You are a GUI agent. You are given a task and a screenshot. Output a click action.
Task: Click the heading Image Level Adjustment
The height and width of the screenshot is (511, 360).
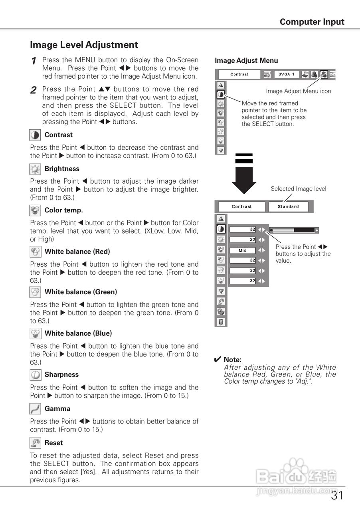click(x=84, y=45)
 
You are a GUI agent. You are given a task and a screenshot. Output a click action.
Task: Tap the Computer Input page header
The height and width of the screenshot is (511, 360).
click(x=312, y=22)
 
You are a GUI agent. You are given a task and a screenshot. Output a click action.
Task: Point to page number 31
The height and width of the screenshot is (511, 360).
click(x=337, y=496)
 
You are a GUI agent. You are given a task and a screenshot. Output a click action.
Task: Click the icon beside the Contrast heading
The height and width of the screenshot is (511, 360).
click(x=35, y=135)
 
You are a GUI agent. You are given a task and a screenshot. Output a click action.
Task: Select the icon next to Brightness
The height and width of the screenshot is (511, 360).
click(x=35, y=169)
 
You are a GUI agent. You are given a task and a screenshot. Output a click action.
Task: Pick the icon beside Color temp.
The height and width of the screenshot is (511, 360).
click(x=35, y=210)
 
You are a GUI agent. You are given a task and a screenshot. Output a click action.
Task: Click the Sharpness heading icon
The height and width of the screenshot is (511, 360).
click(x=35, y=375)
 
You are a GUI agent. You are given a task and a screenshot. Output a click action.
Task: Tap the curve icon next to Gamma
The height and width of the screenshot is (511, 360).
click(x=35, y=409)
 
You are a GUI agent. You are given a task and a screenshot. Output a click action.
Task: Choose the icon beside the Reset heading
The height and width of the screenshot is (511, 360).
click(x=35, y=443)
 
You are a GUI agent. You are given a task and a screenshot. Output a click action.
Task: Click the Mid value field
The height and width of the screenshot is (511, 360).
click(x=243, y=250)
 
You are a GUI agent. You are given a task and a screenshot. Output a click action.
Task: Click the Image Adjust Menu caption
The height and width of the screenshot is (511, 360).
click(x=246, y=61)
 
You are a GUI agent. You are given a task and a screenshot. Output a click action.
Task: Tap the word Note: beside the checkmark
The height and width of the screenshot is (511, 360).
click(x=232, y=360)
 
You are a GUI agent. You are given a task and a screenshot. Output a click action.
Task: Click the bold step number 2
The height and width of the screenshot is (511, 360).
click(x=34, y=90)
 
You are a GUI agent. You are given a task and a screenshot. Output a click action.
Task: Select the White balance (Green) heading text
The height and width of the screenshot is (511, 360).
click(x=81, y=292)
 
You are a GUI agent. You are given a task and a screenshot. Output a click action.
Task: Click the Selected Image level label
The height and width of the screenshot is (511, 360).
click(x=298, y=189)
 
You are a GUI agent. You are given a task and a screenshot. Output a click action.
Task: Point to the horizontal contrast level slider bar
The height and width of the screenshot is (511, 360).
click(x=294, y=230)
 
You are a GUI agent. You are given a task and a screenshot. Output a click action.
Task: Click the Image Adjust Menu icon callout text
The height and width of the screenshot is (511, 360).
click(x=299, y=91)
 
